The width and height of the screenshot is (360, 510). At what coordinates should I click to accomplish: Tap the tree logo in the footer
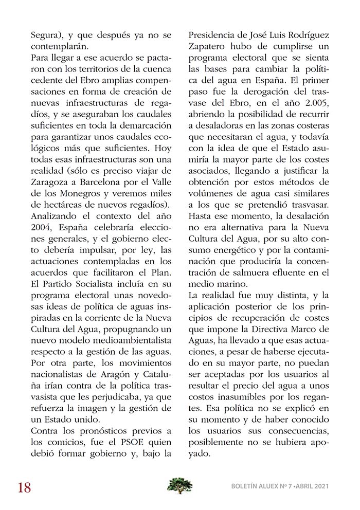180,485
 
